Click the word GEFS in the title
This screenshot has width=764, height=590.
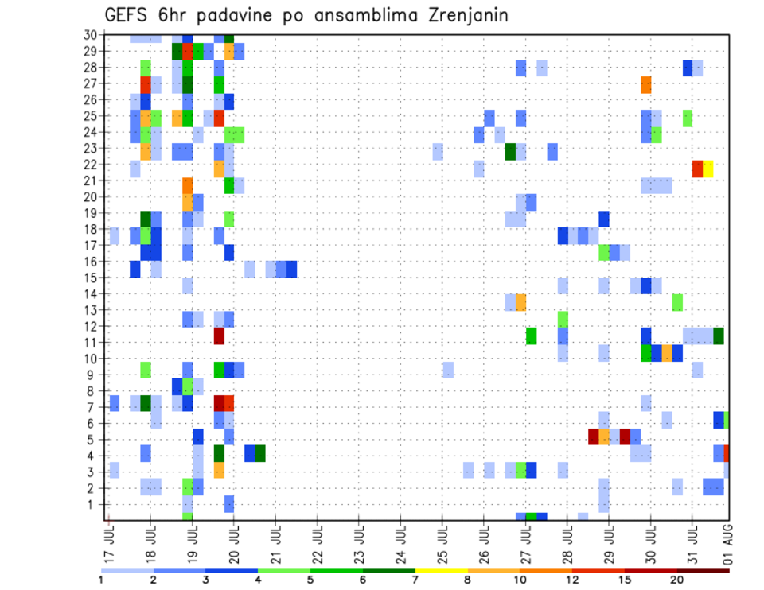coord(127,16)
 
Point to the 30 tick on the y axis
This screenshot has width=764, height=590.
coord(92,35)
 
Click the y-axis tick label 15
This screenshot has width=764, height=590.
coord(92,278)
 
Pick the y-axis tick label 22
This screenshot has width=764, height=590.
coord(92,164)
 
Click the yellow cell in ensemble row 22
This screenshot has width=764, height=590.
coord(708,169)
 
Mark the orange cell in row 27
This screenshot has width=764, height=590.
coord(645,84)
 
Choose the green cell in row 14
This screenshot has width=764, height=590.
coord(677,302)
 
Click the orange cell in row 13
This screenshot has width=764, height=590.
coord(520,302)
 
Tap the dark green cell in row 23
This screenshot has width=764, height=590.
coord(510,151)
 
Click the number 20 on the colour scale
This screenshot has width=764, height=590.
coord(676,579)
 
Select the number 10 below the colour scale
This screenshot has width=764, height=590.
coord(520,579)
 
